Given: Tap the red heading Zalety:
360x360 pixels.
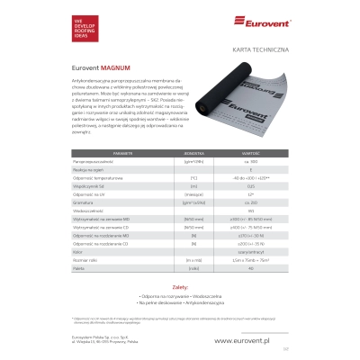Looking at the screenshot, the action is point(180,285).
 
